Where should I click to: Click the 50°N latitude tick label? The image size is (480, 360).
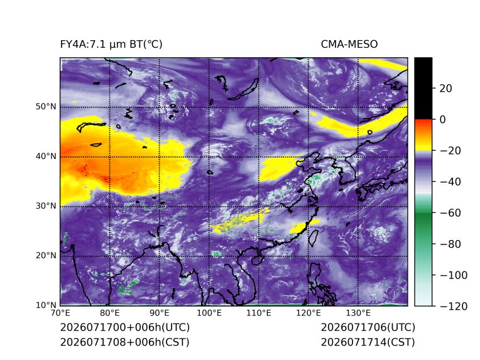pos(46,107)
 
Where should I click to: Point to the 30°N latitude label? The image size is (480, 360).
pos(46,205)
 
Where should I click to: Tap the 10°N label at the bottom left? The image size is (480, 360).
pos(46,305)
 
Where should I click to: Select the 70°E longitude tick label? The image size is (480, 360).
pos(60,313)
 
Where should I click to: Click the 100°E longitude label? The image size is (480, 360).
pos(209,313)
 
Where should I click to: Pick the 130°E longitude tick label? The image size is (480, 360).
pos(358,313)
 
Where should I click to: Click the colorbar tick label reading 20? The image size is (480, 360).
pos(445,89)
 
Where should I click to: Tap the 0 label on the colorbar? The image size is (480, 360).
pos(443,119)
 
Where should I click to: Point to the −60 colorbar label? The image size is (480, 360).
pos(450,213)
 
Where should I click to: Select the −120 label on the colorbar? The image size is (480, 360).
pos(454,306)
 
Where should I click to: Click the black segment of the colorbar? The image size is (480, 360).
pos(423,88)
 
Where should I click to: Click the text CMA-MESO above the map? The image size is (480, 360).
pos(349,45)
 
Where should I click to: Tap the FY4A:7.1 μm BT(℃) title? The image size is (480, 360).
pos(111,45)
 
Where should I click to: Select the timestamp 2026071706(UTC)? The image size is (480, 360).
pos(368,327)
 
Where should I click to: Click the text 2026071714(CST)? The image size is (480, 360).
pos(368,342)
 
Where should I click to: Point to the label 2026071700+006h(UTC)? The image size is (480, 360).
pos(125,327)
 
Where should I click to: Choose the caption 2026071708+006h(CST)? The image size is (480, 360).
pos(125,342)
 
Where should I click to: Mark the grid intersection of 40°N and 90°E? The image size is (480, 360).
pos(160,156)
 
